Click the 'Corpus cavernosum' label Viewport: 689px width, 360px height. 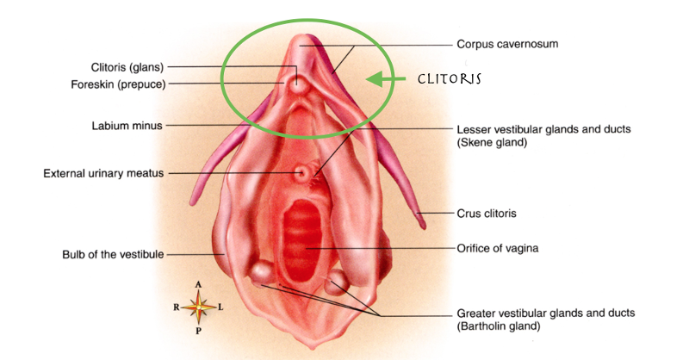(x=507, y=44)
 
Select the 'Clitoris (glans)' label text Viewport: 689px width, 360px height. (x=127, y=67)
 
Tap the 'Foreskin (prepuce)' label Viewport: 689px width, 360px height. (x=118, y=84)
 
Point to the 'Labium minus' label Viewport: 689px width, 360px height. (x=127, y=126)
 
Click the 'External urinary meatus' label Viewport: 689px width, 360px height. (x=103, y=174)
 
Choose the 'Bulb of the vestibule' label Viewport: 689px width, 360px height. (x=113, y=255)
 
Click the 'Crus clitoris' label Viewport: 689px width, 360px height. (x=487, y=214)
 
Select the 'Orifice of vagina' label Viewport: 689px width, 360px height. (x=498, y=248)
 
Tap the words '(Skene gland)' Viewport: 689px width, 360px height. (x=492, y=142)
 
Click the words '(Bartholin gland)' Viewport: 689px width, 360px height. (x=499, y=326)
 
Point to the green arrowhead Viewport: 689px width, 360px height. (x=375, y=79)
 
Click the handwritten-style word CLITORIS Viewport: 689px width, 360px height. (x=449, y=79)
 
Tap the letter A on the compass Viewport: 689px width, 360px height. (x=199, y=285)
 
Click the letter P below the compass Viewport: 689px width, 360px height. (x=199, y=331)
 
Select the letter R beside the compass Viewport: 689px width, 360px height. (x=177, y=307)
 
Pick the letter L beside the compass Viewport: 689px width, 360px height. (x=220, y=307)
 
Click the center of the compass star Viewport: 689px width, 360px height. (x=199, y=307)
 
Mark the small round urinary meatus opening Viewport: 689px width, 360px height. (x=301, y=173)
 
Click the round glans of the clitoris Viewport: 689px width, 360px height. (x=297, y=84)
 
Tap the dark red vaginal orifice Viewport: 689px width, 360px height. (x=302, y=240)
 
